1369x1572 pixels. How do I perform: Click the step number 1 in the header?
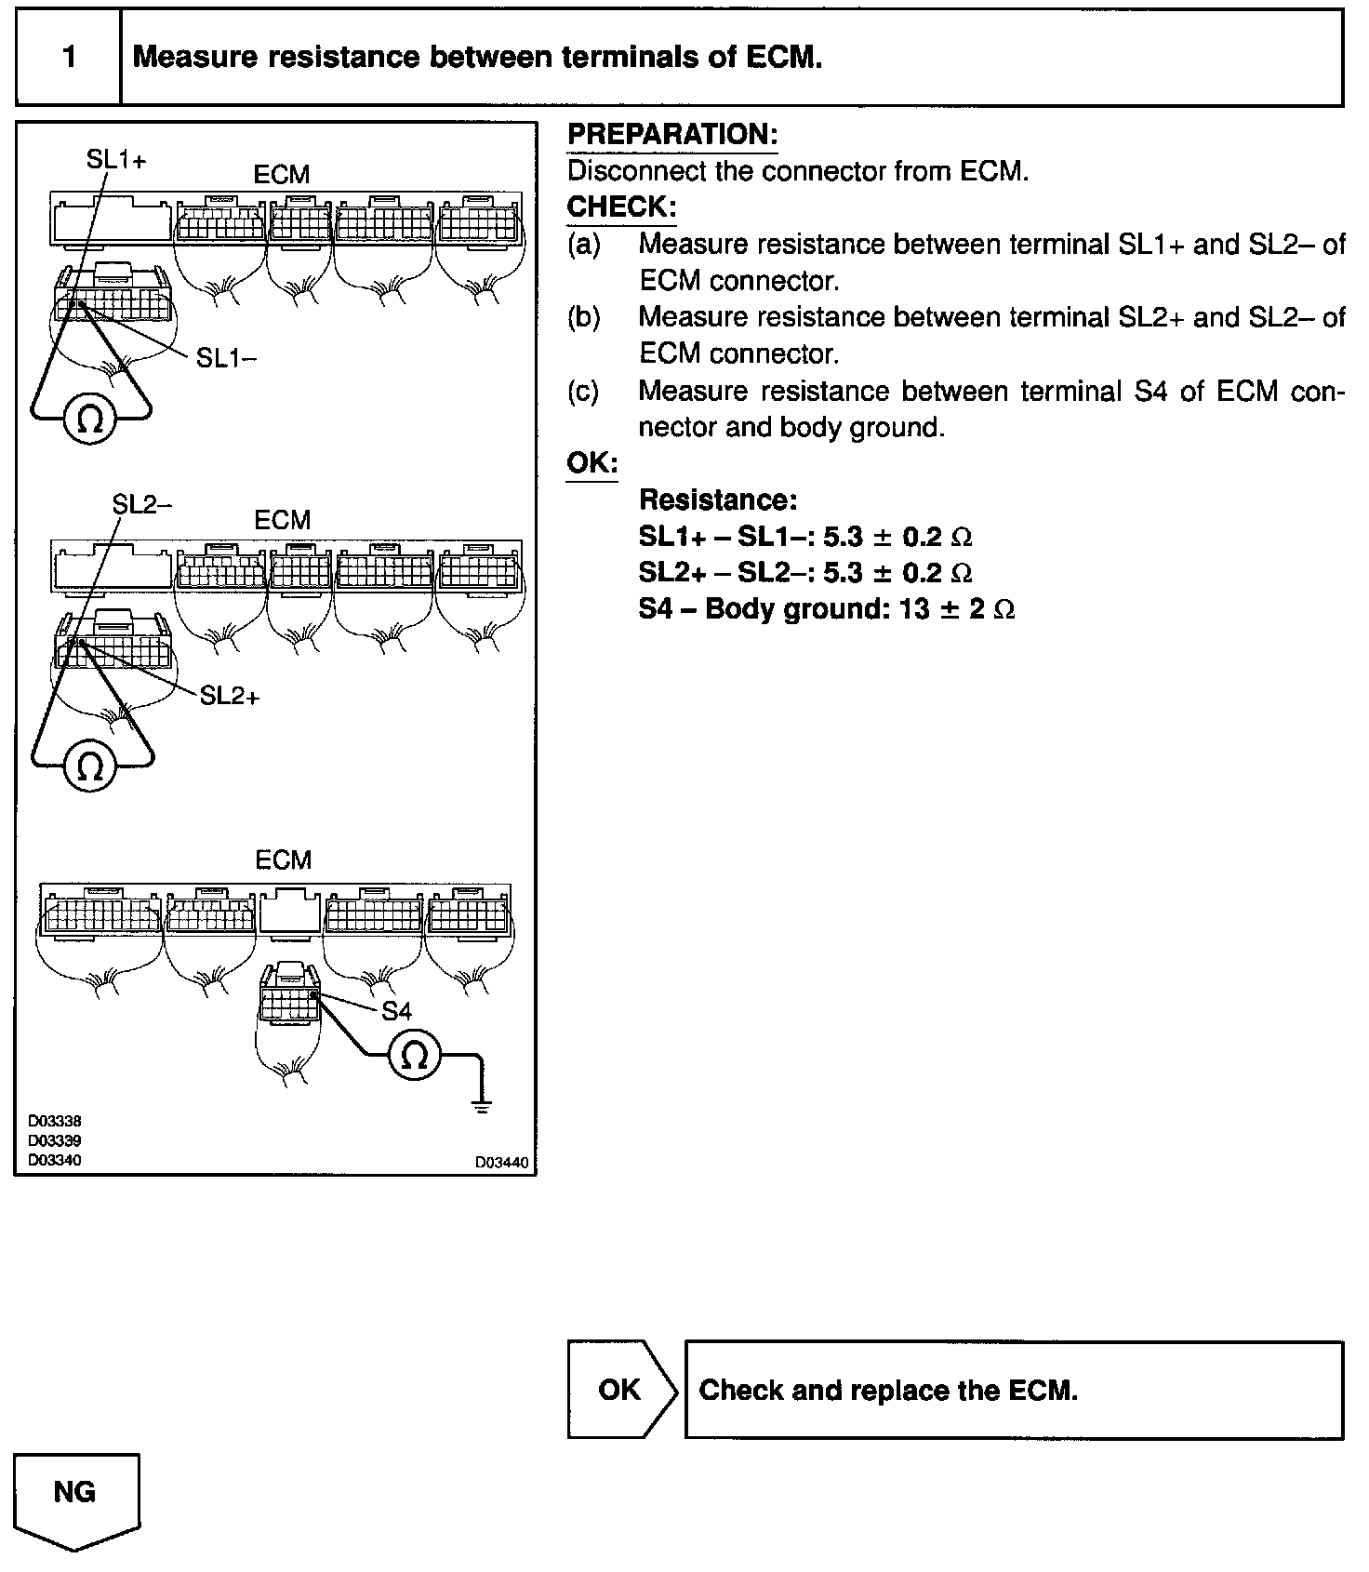pyautogui.click(x=70, y=57)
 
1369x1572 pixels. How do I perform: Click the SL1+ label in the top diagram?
pyautogui.click(x=116, y=160)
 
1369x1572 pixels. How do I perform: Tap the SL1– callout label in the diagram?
pyautogui.click(x=226, y=358)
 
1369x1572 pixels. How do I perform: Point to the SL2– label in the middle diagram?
pyautogui.click(x=141, y=504)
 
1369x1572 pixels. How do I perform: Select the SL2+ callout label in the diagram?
pyautogui.click(x=230, y=696)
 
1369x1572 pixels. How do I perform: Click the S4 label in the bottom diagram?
pyautogui.click(x=397, y=1011)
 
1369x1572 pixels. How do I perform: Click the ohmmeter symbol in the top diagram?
pyautogui.click(x=90, y=421)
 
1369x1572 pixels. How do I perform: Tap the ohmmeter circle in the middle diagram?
pyautogui.click(x=90, y=766)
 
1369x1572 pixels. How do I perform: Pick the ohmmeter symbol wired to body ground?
pyautogui.click(x=415, y=1056)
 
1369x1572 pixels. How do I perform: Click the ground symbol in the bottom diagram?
pyautogui.click(x=481, y=1105)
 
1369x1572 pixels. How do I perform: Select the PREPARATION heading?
pyautogui.click(x=671, y=135)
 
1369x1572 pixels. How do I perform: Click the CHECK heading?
pyautogui.click(x=621, y=206)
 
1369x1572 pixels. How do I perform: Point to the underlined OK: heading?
pyautogui.click(x=591, y=463)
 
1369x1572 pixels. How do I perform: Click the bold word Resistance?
pyautogui.click(x=717, y=500)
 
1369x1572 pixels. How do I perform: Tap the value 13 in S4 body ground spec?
pyautogui.click(x=914, y=609)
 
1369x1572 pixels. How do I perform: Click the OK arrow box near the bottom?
pyautogui.click(x=619, y=1390)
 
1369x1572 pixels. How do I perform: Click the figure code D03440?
pyautogui.click(x=501, y=1162)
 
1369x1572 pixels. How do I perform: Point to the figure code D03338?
pyautogui.click(x=54, y=1122)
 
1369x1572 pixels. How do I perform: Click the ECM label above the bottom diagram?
pyautogui.click(x=283, y=860)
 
